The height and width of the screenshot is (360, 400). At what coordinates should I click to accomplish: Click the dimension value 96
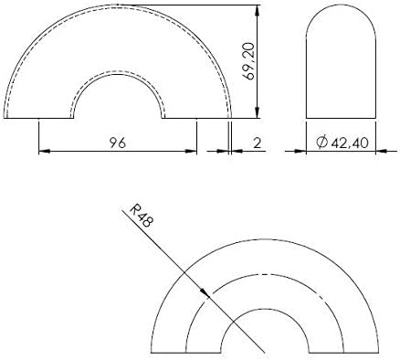click(118, 143)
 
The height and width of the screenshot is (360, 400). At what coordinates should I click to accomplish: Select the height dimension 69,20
click(249, 61)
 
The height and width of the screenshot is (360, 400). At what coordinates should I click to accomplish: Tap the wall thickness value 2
click(258, 143)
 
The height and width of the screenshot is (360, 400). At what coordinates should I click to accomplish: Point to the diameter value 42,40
click(350, 143)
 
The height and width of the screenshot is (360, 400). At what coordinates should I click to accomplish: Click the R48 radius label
click(141, 216)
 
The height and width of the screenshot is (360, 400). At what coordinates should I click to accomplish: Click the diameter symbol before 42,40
click(322, 143)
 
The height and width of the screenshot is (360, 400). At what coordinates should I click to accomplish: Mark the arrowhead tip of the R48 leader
click(210, 298)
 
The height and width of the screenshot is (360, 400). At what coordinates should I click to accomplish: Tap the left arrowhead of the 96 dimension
click(45, 151)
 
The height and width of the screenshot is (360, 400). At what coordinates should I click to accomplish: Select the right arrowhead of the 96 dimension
click(191, 151)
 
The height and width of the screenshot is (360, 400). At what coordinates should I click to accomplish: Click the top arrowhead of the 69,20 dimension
click(258, 11)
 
